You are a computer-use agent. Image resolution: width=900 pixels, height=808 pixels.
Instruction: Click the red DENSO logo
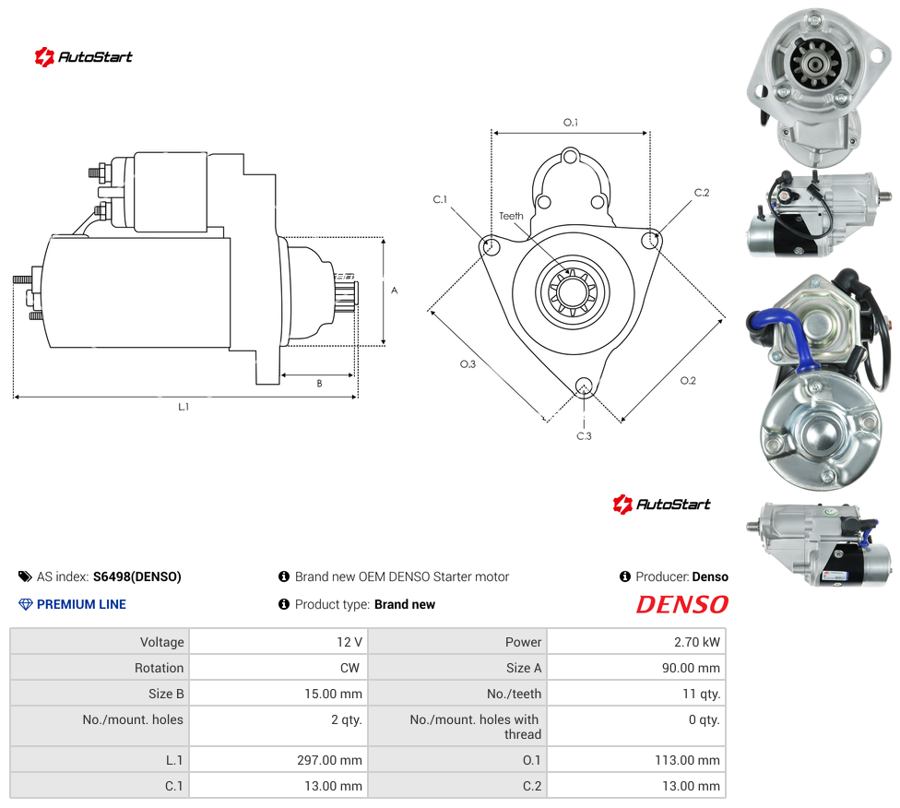pos(681,604)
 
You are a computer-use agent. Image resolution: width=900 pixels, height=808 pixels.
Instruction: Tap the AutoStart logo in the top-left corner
pos(83,57)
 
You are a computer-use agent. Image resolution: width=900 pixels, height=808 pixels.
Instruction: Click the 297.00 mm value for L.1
pos(329,760)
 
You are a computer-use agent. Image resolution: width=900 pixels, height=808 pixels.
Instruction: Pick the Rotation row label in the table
pos(159,668)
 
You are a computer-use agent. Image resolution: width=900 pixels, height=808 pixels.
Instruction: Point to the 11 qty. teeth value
pos(702,694)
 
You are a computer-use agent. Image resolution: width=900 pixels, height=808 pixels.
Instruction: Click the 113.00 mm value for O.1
pos(687,760)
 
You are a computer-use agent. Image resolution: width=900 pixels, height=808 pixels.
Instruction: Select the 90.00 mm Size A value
pos(691,668)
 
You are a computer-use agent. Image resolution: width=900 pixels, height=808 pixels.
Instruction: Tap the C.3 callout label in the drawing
pos(584,436)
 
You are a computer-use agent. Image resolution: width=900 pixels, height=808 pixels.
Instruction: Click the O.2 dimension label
pos(688,381)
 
